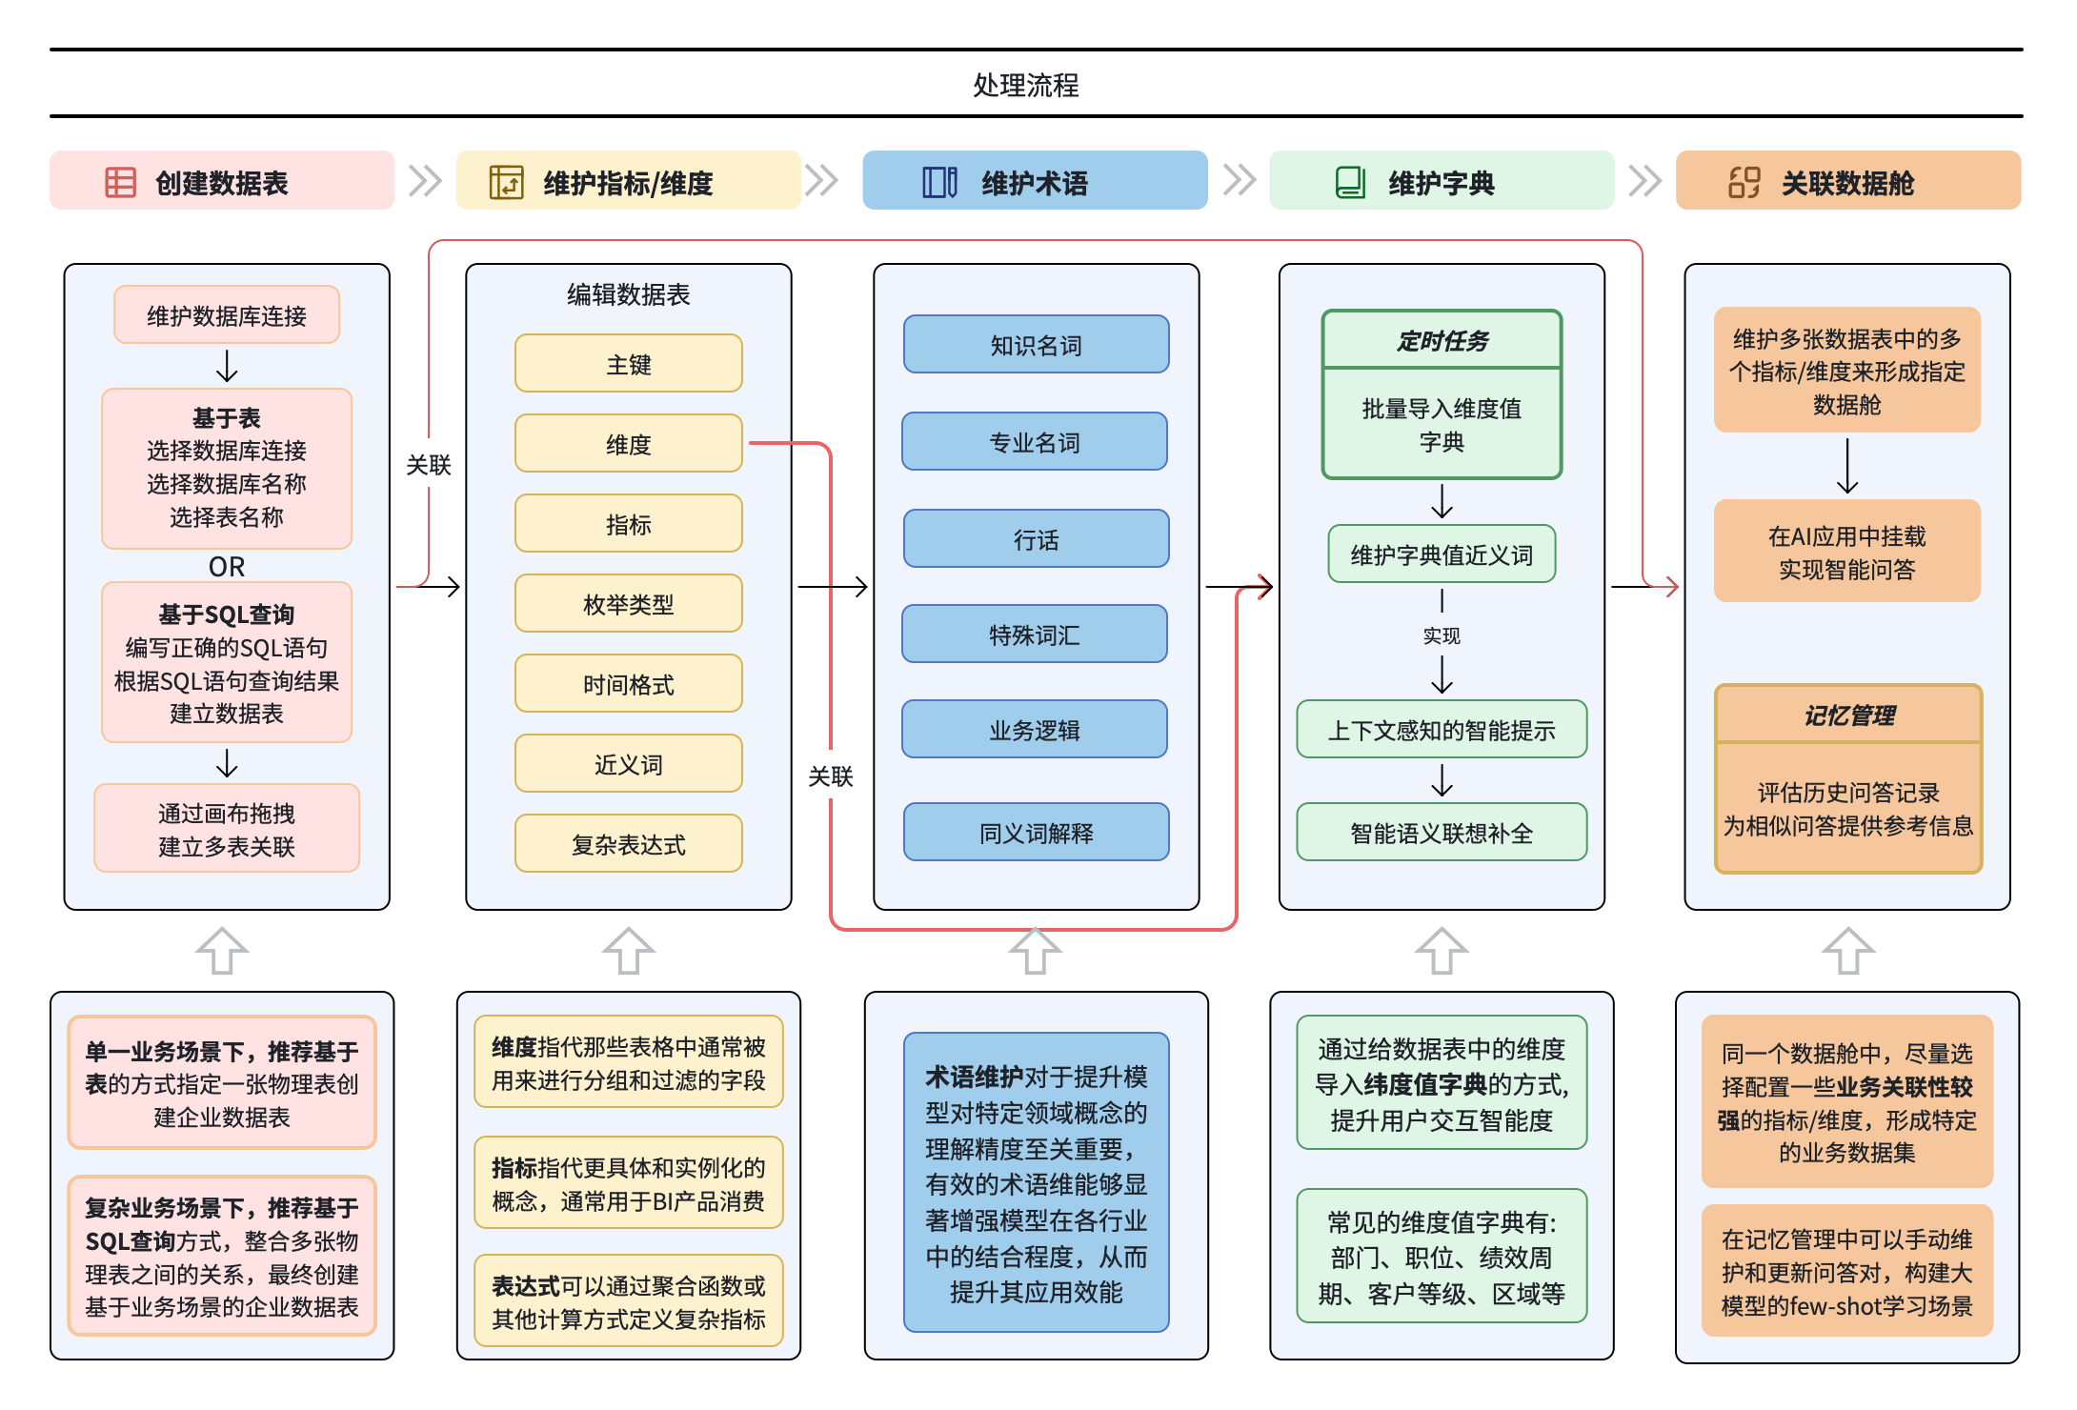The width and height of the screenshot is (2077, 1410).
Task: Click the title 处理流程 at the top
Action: pos(1025,86)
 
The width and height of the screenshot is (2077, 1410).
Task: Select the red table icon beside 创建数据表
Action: pos(120,182)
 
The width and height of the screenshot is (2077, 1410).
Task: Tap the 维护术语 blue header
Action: pos(1035,181)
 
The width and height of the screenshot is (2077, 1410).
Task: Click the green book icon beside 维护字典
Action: pos(1349,182)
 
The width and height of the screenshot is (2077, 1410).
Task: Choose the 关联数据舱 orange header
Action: pos(1847,181)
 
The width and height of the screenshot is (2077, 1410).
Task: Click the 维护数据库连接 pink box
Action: pos(227,315)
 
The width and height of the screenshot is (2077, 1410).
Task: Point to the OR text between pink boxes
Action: pos(227,567)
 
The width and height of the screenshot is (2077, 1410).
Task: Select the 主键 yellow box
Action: pos(628,364)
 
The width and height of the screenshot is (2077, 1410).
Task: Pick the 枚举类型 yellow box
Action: pos(628,604)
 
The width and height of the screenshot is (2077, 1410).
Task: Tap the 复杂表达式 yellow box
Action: pos(628,844)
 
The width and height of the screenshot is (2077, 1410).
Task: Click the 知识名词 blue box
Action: pos(1036,345)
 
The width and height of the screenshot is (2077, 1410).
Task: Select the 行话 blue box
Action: pos(1036,539)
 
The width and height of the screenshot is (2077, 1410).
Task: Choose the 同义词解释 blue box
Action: pos(1036,833)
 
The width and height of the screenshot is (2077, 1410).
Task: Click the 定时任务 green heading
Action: pos(1442,341)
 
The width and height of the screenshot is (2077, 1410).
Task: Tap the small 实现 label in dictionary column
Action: pos(1442,635)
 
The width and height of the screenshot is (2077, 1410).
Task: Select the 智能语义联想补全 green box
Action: pos(1442,833)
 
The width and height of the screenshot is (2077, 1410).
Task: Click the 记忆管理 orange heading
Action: pos(1848,715)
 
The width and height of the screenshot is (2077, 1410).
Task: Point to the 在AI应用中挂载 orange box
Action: pos(1846,552)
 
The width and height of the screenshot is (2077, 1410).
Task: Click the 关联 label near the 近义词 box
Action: pos(830,776)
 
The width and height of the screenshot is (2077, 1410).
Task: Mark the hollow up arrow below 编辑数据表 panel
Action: pos(628,951)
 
